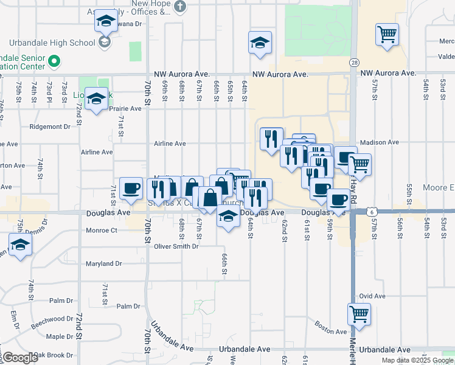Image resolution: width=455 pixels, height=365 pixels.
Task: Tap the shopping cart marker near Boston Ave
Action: [x=359, y=315]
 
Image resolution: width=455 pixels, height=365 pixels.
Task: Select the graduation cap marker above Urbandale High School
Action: [x=106, y=22]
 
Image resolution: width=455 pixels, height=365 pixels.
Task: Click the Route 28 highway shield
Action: [x=354, y=63]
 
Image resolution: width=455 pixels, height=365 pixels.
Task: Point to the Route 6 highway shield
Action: [x=371, y=210]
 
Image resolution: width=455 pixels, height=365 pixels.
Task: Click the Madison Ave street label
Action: [x=379, y=142]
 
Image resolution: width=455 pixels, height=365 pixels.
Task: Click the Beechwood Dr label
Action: [x=52, y=319]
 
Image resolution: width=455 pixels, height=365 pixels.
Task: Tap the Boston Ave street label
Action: [x=331, y=331]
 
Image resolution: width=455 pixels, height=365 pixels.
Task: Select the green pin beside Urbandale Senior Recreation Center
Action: [x=54, y=61]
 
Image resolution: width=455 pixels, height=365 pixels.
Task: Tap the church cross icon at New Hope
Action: [x=179, y=6]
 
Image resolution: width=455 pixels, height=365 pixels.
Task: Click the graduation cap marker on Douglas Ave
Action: [x=228, y=217]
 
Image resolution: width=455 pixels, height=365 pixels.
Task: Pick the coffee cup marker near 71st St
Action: [x=131, y=189]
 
